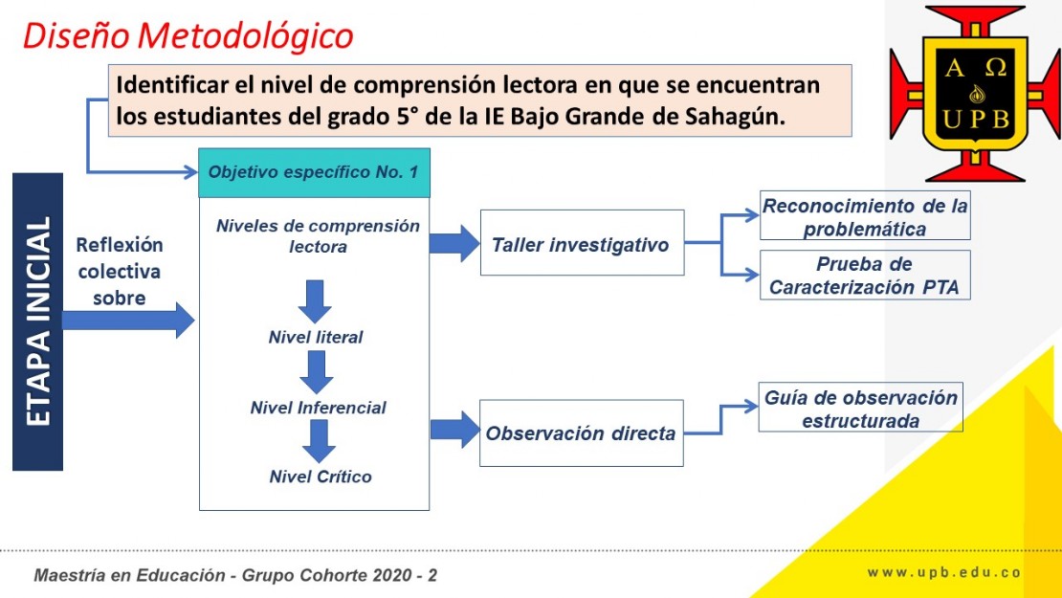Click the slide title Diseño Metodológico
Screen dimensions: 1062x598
[x=188, y=36]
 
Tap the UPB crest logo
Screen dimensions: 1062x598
[x=975, y=94]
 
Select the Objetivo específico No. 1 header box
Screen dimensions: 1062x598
[x=314, y=172]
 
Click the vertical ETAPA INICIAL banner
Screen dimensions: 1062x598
[x=38, y=321]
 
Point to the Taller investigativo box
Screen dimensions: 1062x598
[x=583, y=242]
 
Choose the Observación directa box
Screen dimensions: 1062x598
[x=581, y=432]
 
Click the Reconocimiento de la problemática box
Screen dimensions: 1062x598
[x=865, y=216]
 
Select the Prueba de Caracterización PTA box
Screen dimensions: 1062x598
[x=865, y=275]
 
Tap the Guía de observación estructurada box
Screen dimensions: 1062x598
[x=861, y=408]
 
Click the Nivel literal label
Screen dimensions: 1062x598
[x=316, y=337]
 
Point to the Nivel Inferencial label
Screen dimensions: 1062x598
[x=319, y=408]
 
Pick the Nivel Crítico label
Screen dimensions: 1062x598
[x=321, y=476]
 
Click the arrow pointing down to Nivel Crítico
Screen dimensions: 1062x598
[x=319, y=441]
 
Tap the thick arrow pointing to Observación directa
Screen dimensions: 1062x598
[x=455, y=430]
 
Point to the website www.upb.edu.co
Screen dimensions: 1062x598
[x=944, y=573]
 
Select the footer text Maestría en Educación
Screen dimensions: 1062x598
[x=129, y=576]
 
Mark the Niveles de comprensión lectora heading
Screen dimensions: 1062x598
[x=318, y=235]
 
